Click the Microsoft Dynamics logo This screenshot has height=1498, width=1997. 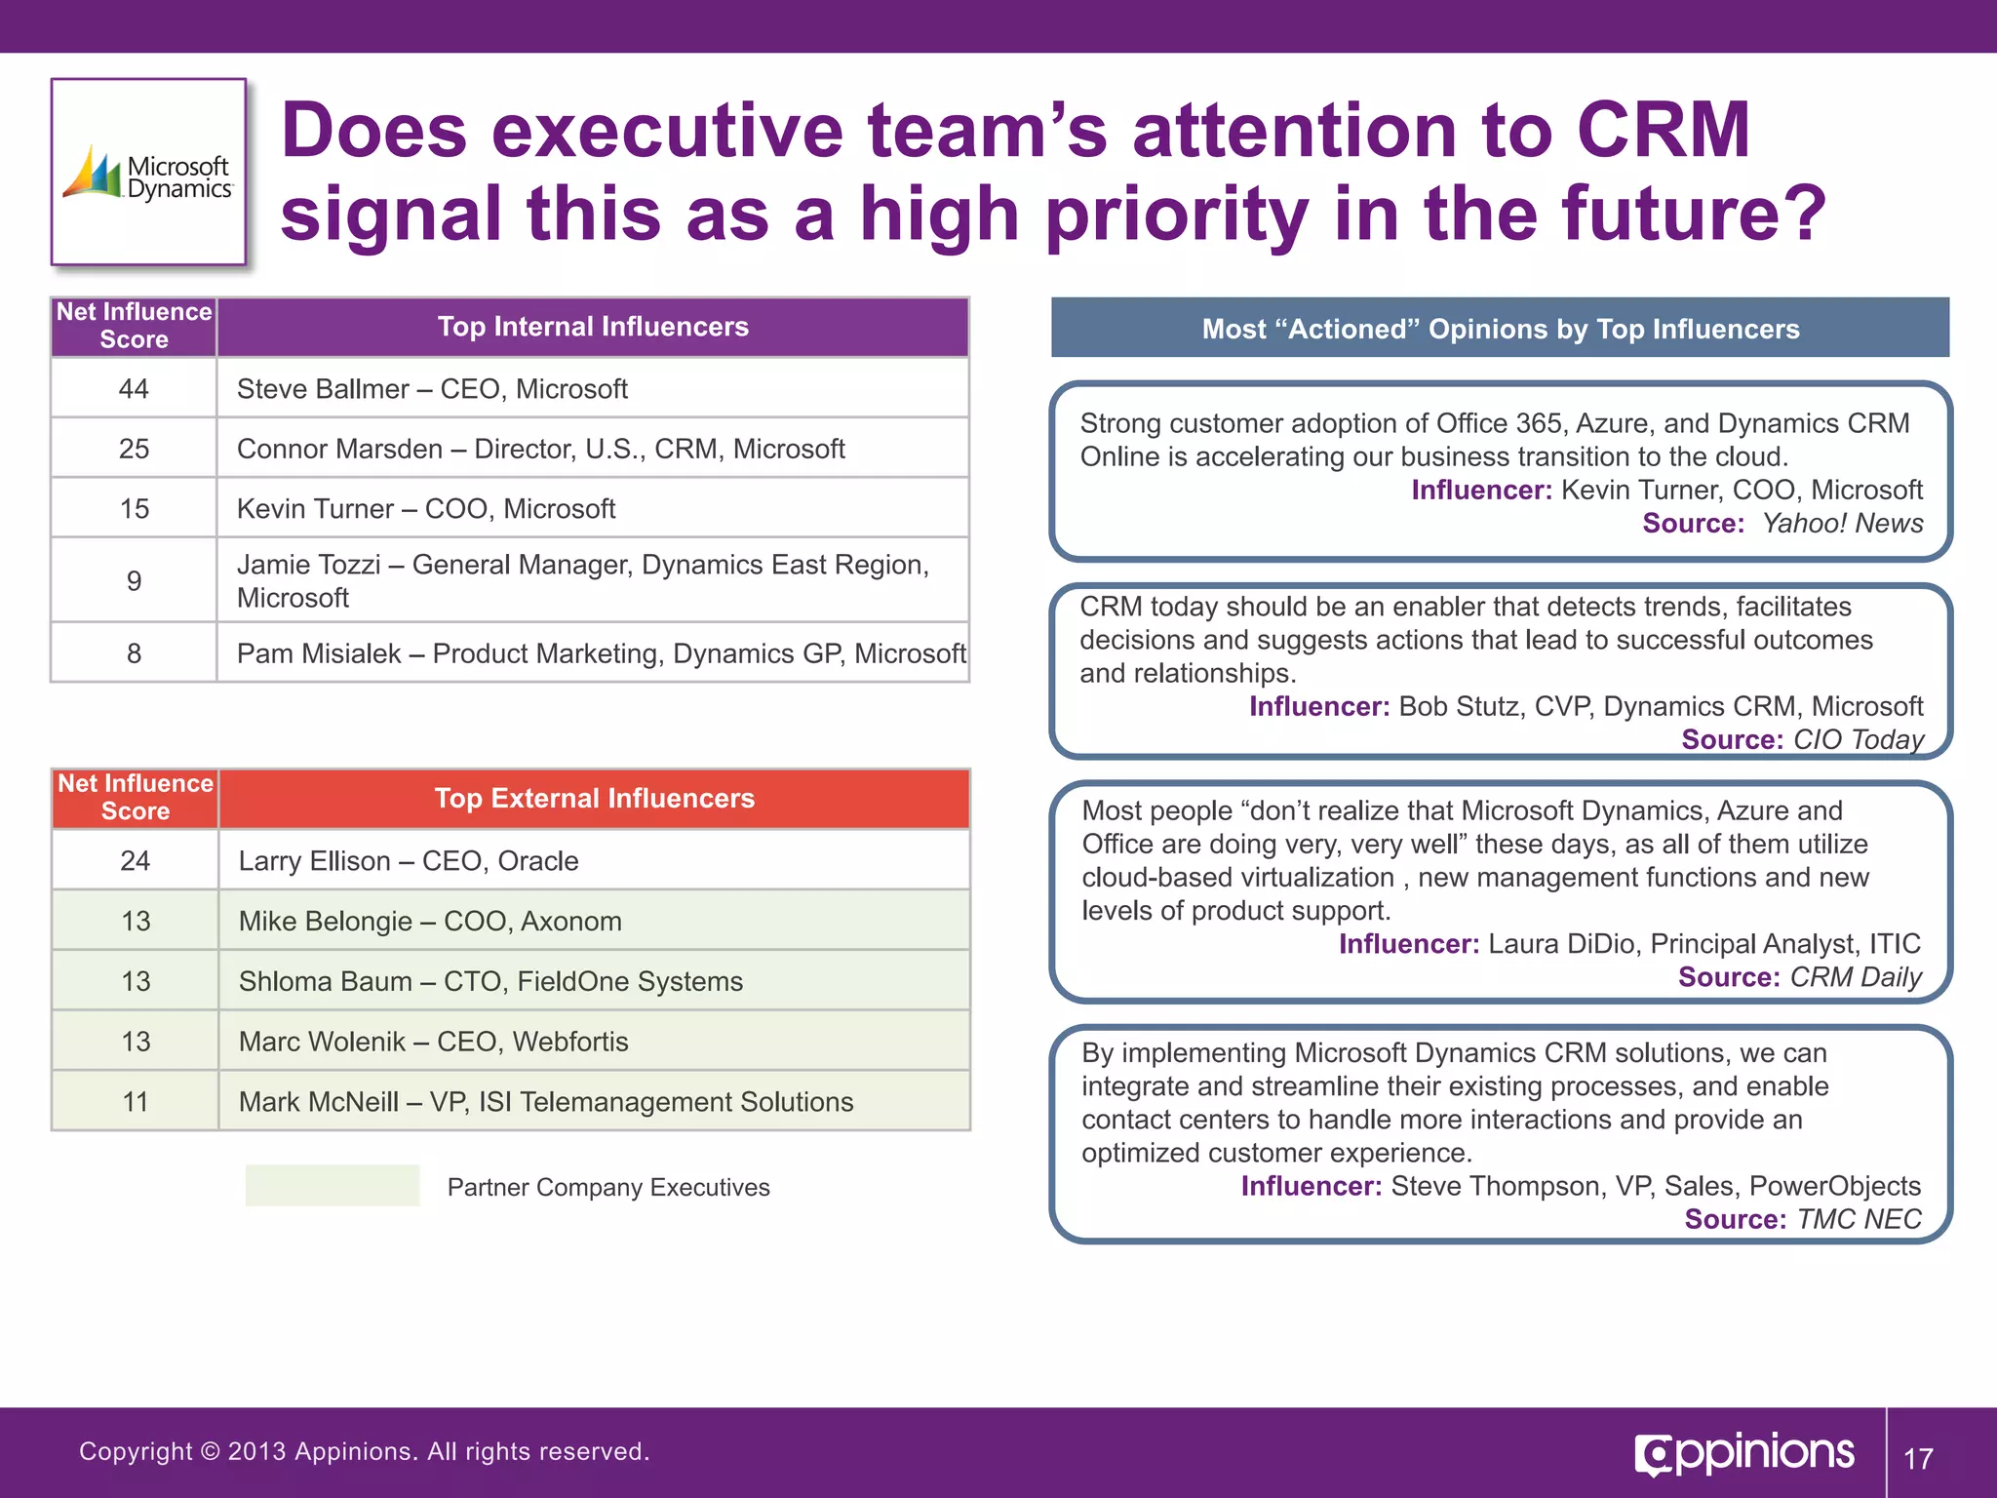pos(148,174)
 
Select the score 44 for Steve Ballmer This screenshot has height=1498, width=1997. pos(134,389)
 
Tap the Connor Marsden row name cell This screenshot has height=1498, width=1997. pos(540,449)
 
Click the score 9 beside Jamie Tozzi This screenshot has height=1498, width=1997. pos(134,581)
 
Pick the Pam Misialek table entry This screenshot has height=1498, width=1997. pos(600,653)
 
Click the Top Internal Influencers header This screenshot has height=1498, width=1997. pos(592,327)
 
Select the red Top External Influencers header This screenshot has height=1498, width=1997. pos(594,799)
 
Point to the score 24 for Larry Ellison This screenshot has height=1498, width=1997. pos(135,861)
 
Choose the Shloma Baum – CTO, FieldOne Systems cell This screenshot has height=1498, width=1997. pos(490,981)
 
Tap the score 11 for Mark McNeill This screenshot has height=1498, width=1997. pos(135,1102)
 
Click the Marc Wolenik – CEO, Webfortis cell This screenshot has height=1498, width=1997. pos(433,1042)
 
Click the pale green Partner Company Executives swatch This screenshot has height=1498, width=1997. pos(333,1186)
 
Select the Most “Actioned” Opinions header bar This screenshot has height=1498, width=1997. pos(1500,329)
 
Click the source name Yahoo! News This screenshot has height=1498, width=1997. pos(1842,524)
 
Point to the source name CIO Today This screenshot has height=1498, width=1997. pos(1858,739)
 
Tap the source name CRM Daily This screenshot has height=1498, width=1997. pos(1856,977)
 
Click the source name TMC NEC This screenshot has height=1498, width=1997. pos(1859,1219)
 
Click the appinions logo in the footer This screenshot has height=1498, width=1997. pos(1744,1454)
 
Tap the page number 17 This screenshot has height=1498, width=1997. pos(1918,1459)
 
